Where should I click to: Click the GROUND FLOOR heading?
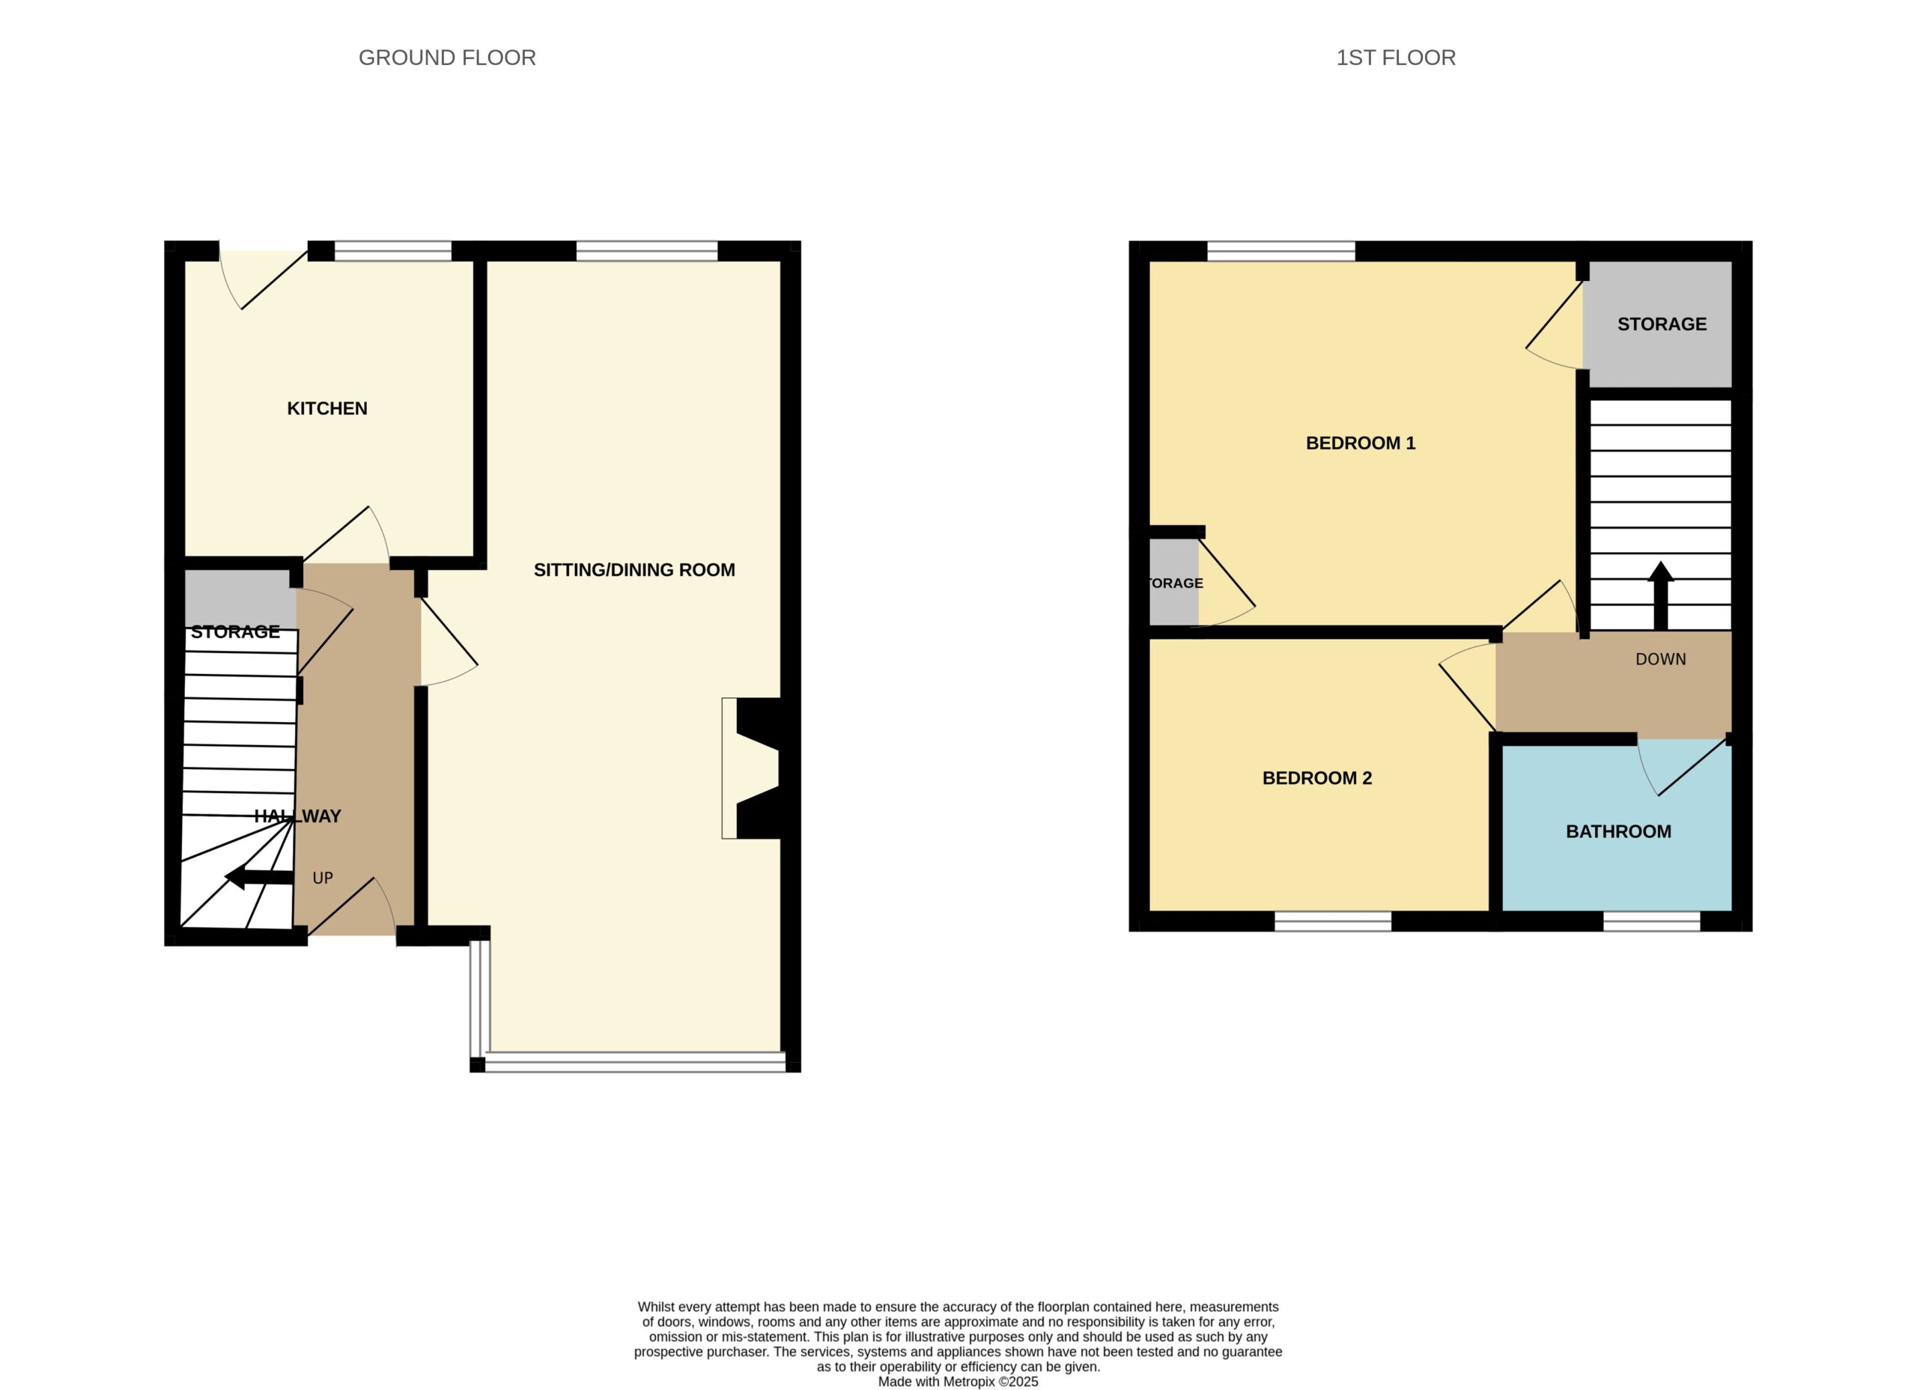[x=447, y=58]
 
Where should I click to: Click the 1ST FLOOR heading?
[x=1396, y=58]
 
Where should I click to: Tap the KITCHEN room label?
[x=327, y=408]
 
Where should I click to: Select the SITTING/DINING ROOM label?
[x=634, y=570]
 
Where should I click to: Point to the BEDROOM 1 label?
[x=1360, y=443]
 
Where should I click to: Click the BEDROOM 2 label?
[x=1317, y=778]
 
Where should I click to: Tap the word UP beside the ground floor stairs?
[x=323, y=878]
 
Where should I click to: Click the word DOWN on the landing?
[x=1660, y=658]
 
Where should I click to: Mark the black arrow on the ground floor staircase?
[x=258, y=878]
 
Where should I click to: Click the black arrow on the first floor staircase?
[x=1660, y=595]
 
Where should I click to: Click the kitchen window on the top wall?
[x=393, y=251]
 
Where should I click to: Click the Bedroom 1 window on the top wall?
[x=1281, y=251]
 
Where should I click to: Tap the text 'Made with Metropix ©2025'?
[x=958, y=1382]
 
